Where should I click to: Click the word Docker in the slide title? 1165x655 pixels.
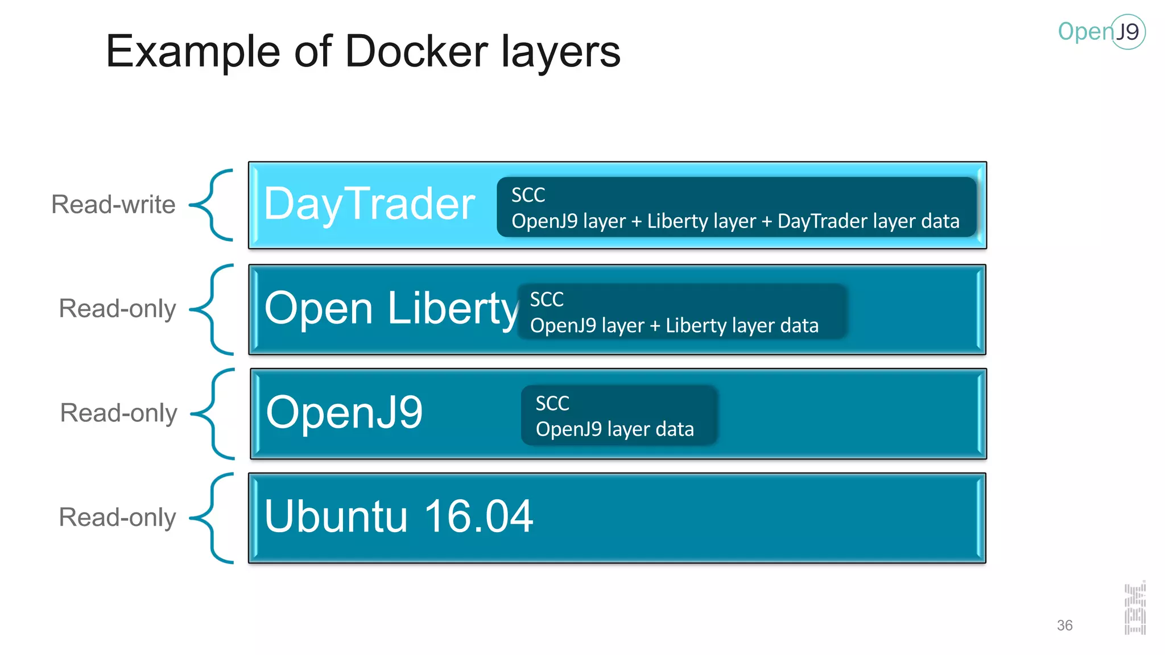coord(416,52)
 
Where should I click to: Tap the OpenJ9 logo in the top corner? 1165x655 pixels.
coord(1101,32)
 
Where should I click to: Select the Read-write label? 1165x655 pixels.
coord(113,205)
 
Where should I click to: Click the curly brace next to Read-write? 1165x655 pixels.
coord(212,205)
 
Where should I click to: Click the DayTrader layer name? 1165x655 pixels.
coord(370,204)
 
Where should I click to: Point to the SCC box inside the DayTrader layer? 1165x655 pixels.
coord(736,207)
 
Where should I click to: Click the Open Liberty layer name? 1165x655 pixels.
coord(391,309)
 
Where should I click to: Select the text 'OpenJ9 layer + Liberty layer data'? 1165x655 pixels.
coord(674,326)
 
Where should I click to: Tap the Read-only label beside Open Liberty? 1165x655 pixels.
coord(117,309)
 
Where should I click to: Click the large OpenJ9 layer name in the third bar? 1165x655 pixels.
coord(344,412)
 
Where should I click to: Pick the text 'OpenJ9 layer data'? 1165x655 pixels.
coord(614,429)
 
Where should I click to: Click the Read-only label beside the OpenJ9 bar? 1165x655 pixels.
coord(118,413)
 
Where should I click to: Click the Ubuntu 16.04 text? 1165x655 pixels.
coord(398,516)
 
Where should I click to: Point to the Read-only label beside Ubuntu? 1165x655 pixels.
coord(117,517)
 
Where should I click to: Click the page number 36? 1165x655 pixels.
coord(1064,625)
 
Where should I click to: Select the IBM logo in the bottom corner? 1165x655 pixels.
coord(1135,608)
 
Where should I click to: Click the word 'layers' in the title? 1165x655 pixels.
coord(560,52)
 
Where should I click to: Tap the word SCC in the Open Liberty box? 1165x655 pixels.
coord(547,300)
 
